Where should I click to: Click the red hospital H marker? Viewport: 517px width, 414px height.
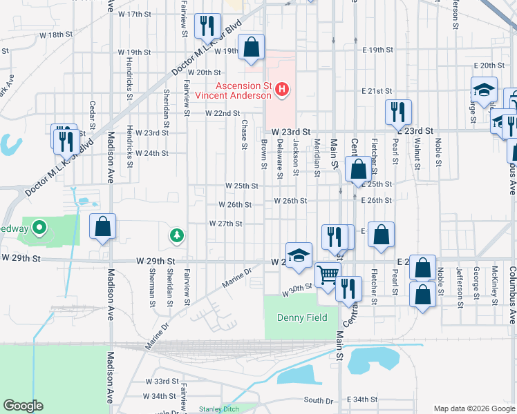tap(282, 89)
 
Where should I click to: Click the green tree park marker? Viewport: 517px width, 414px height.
tap(177, 237)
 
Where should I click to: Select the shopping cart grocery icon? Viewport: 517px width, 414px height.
tap(328, 274)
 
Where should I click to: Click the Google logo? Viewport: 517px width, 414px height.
tap(23, 406)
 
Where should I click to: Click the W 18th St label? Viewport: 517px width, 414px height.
tap(56, 34)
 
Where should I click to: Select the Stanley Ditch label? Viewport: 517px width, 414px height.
tap(218, 408)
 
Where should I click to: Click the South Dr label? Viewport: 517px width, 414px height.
tap(319, 400)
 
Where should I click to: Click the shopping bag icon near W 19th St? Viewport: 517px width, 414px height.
tap(252, 48)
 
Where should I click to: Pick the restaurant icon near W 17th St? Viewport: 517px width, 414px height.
tap(207, 26)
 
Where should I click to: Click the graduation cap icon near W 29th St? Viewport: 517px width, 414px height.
tap(299, 255)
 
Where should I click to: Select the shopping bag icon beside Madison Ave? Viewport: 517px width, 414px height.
tap(102, 226)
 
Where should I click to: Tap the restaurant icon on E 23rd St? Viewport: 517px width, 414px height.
tap(398, 112)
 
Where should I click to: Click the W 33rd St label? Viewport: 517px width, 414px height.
tap(162, 381)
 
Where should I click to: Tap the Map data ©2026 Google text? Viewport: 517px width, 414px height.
tap(473, 408)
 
